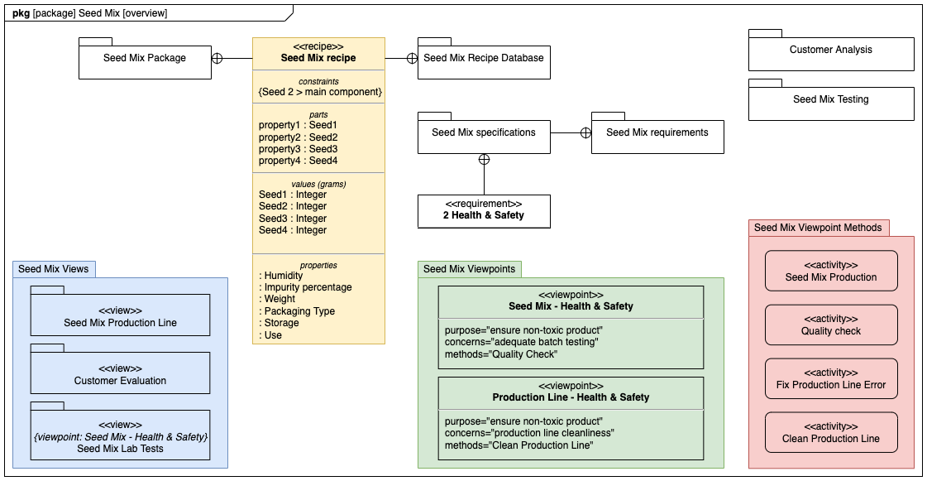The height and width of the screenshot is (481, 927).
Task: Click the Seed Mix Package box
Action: [145, 59]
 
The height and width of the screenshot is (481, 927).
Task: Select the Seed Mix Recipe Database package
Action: [484, 59]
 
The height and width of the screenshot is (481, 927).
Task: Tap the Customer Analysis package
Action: [830, 51]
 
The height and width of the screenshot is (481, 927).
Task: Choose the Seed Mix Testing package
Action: [830, 100]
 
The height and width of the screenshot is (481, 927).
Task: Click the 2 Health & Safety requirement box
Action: [484, 210]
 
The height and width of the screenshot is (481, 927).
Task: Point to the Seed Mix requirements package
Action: [657, 132]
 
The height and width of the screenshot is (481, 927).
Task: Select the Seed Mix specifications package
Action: [484, 132]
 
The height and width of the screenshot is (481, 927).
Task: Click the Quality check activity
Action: [831, 325]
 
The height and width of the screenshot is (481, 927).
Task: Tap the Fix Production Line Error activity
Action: [831, 379]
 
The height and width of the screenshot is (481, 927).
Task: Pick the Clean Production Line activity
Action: [831, 433]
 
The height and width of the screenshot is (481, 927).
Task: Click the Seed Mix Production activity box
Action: [831, 272]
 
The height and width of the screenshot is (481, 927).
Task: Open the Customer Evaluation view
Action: [120, 375]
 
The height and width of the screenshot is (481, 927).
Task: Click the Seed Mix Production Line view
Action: [120, 317]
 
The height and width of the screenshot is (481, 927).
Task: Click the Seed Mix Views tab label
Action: [54, 269]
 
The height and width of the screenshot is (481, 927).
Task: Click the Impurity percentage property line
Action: [308, 287]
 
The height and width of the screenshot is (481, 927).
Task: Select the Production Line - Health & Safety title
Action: [571, 397]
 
